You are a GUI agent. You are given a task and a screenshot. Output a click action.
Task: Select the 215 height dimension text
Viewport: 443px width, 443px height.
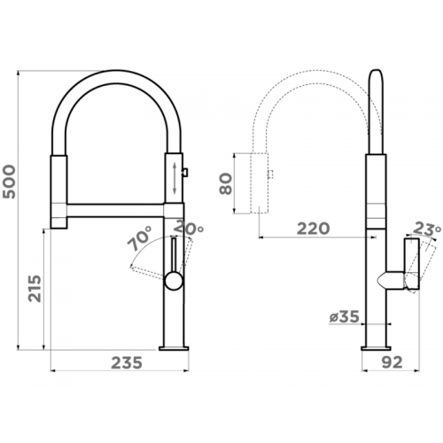point(35,289)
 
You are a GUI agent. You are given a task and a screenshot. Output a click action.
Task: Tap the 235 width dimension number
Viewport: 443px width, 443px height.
point(127,362)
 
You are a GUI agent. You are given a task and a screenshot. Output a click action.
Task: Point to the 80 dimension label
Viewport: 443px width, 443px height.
point(226,183)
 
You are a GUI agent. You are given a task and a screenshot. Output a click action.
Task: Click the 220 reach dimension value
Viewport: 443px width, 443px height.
point(313,229)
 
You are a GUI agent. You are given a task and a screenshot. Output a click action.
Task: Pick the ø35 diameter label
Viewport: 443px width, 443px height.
point(345,317)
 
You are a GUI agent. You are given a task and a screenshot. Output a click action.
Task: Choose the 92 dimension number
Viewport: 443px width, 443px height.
point(392,362)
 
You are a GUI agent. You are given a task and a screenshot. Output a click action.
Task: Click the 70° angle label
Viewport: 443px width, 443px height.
point(140,238)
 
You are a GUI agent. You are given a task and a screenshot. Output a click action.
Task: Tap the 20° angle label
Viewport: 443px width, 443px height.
point(189,228)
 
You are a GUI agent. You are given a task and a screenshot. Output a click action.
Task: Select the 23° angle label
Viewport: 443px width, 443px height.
point(427,229)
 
